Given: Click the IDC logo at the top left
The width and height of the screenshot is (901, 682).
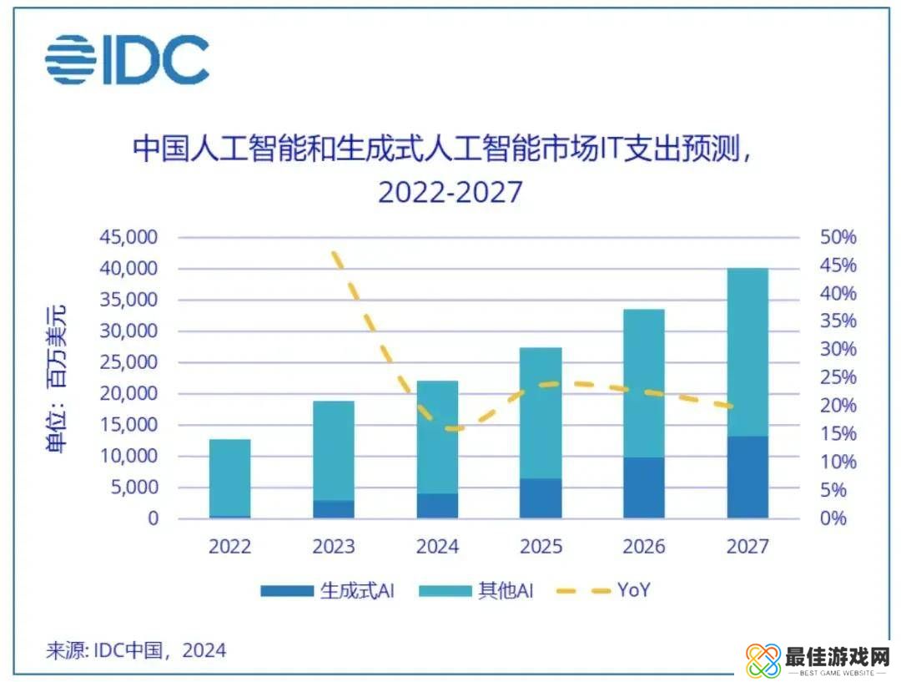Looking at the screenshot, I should pos(127,59).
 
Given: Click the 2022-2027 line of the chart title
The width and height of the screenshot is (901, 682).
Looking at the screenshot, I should pos(450,192).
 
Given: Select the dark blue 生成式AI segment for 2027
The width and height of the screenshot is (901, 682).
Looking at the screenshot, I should pos(747,477).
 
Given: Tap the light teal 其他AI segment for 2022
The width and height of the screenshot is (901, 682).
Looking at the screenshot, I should pos(229,477).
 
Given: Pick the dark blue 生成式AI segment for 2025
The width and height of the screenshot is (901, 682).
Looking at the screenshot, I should pos(541,498).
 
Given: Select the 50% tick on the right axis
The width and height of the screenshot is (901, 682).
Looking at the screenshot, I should pos(838,238).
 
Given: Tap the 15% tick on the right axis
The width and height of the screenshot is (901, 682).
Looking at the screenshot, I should pos(838,434).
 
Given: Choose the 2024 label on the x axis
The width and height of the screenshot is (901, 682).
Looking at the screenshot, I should pos(437,547).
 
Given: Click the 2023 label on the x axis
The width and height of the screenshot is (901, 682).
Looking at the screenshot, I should pos(334,547).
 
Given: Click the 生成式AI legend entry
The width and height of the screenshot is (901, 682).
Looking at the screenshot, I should pos(326,591).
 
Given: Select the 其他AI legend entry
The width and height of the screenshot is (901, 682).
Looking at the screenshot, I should pos(476,591).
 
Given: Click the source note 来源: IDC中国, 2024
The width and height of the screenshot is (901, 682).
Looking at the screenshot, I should pos(135,650).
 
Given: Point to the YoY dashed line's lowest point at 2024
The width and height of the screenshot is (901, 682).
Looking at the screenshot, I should pos(451,429).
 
